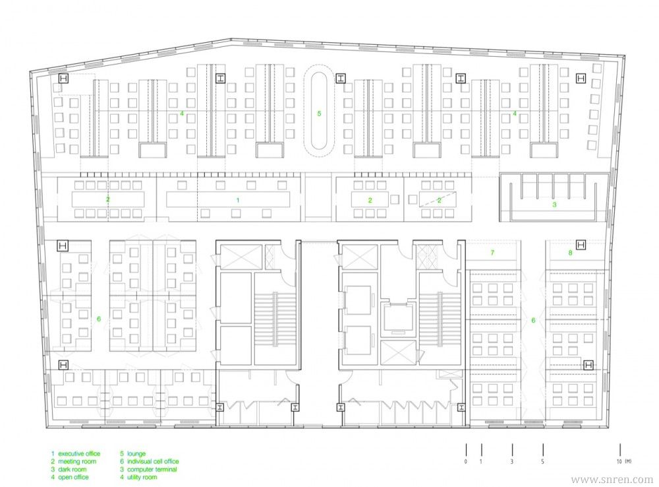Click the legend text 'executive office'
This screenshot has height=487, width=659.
(x=79, y=453)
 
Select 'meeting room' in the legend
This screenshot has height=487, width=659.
(x=77, y=461)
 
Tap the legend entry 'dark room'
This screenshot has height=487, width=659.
(x=72, y=469)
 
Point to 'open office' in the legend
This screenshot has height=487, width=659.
(x=73, y=477)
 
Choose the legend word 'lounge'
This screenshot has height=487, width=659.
(x=136, y=453)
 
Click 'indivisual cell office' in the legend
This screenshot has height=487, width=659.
(x=153, y=461)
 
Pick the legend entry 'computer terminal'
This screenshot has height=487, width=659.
(x=152, y=469)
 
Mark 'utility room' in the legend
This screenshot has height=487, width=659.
(x=142, y=477)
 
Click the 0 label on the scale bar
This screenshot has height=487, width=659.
(x=466, y=461)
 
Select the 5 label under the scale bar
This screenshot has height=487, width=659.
(x=542, y=461)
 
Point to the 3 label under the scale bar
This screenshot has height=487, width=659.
(x=512, y=461)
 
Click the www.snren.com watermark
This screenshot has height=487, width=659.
(x=612, y=479)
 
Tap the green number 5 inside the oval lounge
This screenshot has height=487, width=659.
(x=319, y=114)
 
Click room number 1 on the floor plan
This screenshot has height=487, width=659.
(x=238, y=200)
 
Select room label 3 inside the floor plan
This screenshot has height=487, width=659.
(x=554, y=205)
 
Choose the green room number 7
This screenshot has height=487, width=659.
(x=492, y=253)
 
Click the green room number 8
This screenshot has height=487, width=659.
(x=570, y=253)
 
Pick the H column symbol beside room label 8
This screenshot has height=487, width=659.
(x=581, y=245)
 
